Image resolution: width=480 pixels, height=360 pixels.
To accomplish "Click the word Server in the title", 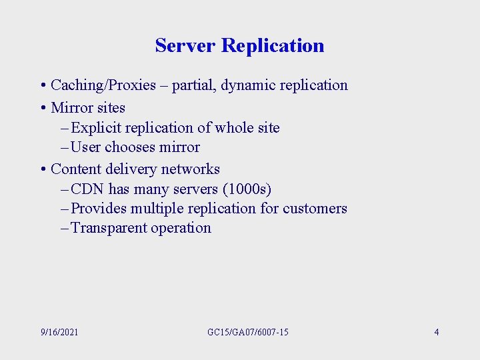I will point(185,45).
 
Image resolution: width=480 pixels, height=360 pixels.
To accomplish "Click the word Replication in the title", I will point(273,45).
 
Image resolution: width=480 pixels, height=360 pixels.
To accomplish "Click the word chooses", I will point(131,147).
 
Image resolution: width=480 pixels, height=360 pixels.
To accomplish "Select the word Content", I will point(77,169).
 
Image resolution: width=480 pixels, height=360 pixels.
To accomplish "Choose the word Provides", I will point(98,208).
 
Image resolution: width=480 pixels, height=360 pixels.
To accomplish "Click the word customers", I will point(315,208).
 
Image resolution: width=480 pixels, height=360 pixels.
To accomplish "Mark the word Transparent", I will point(109,227).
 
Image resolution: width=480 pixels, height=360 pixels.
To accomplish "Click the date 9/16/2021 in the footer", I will point(59,331).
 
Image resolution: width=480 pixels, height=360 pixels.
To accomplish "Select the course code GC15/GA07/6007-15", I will point(247,331).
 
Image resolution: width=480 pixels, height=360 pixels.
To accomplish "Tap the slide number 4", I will point(437,331).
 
